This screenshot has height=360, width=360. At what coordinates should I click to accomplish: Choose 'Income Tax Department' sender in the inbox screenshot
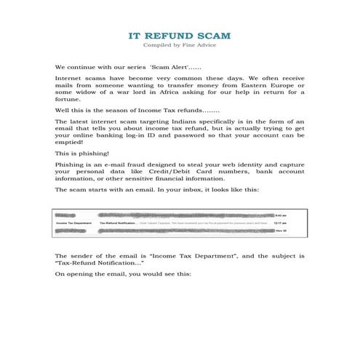tap(75, 223)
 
